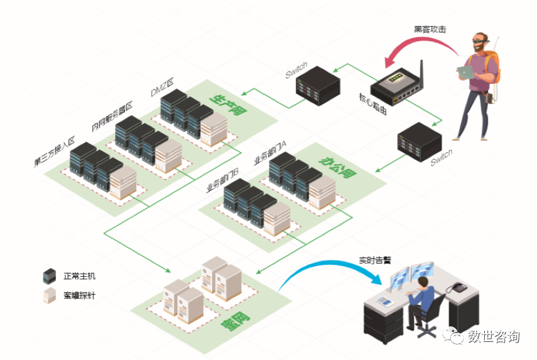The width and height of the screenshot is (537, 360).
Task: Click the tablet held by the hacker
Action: point(465,72)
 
